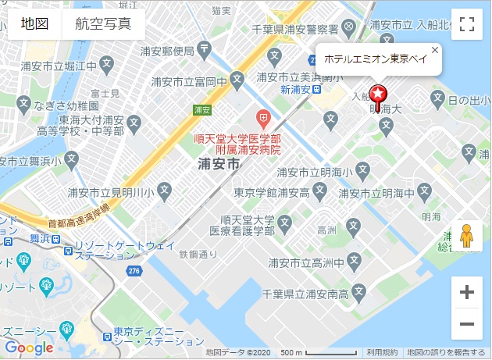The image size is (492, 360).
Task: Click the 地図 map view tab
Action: point(35,23)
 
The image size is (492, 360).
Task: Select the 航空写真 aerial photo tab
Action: point(103,23)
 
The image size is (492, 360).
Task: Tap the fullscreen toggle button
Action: point(467,23)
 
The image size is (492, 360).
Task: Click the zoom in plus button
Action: point(467,293)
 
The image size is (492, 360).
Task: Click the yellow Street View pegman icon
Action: point(467,235)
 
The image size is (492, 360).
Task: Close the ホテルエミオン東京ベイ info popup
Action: point(435,50)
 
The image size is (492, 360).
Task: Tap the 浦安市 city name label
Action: point(220,164)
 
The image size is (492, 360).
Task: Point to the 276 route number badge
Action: point(134,271)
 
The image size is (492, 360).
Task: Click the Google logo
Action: point(29,348)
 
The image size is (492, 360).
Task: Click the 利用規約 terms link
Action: point(382,352)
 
